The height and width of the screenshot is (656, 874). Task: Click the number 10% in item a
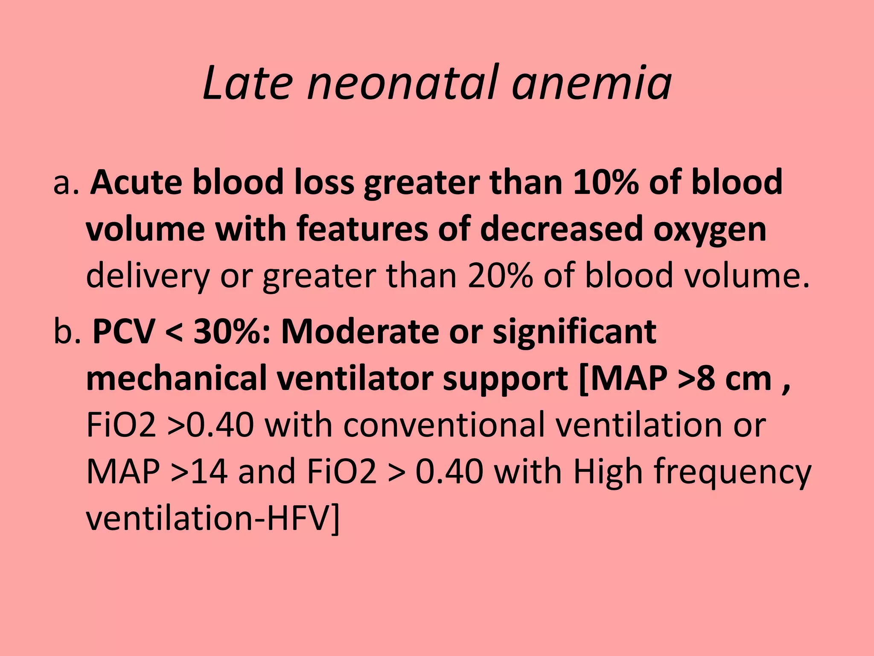pyautogui.click(x=606, y=182)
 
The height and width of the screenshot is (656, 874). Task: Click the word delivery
pyautogui.click(x=148, y=275)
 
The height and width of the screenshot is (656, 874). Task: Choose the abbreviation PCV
pyautogui.click(x=124, y=331)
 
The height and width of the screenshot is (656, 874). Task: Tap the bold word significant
pyautogui.click(x=574, y=331)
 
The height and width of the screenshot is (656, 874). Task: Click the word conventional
pyautogui.click(x=444, y=425)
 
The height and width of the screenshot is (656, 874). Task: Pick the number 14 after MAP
pyautogui.click(x=209, y=471)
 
